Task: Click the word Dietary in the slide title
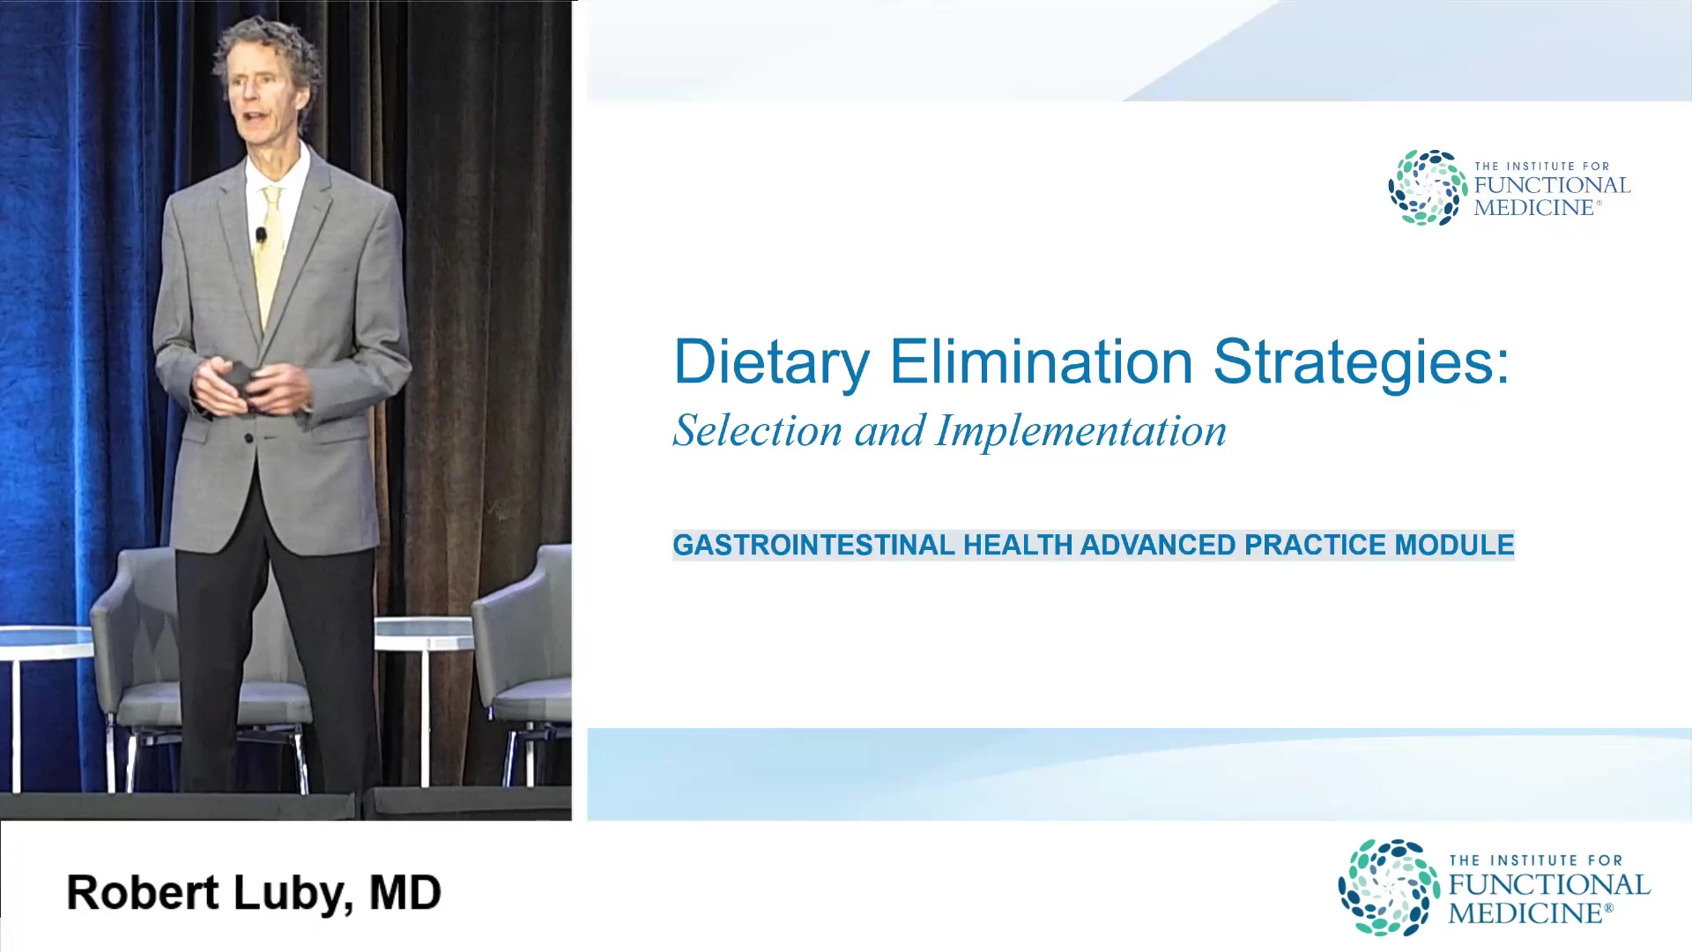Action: pos(771,362)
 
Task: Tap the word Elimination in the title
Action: pos(1042,361)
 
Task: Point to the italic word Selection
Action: pos(757,431)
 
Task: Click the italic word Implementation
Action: pos(1081,432)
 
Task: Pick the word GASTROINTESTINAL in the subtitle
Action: pos(813,545)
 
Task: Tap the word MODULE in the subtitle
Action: pos(1454,545)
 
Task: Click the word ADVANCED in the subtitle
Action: pos(1158,545)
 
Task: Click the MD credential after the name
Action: pos(404,893)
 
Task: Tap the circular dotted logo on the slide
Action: pos(1428,188)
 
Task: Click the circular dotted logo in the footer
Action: pos(1389,887)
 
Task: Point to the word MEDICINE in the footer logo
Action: pos(1530,913)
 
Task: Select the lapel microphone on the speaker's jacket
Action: pos(261,235)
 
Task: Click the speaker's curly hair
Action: pos(269,48)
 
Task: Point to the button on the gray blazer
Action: pos(249,438)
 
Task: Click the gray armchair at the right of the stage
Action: pos(522,661)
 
